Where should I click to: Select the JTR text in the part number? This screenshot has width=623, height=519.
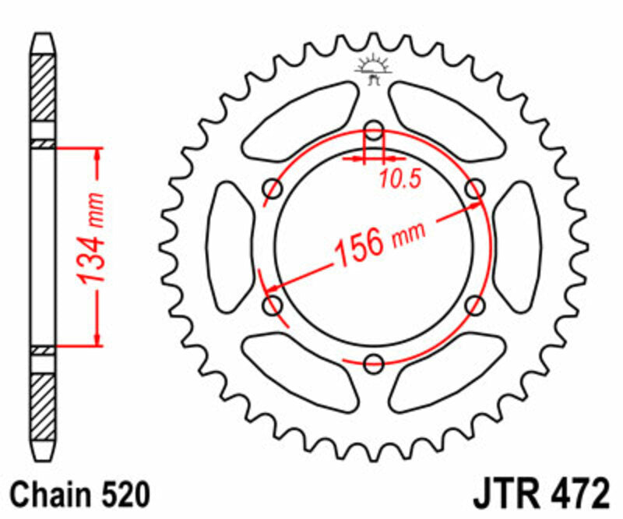point(504,496)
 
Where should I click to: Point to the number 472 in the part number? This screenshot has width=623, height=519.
point(575,496)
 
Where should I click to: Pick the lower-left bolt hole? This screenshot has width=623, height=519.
point(273,305)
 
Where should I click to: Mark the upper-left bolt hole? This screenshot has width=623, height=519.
point(273,188)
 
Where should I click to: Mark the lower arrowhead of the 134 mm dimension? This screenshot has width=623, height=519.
point(97,336)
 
